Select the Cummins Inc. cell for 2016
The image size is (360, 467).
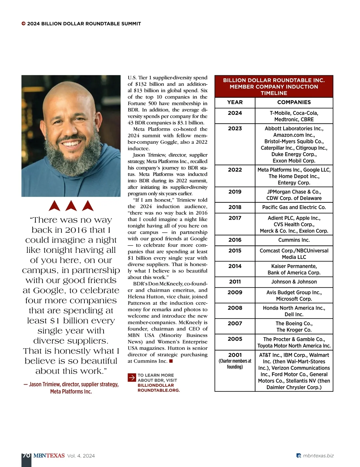coord(294,240)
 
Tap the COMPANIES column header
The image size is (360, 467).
coord(294,102)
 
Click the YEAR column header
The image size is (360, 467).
coord(235,102)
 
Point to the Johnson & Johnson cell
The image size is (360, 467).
coord(294,282)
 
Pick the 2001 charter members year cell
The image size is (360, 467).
coord(235,361)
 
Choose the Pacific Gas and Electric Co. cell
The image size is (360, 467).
coord(294,207)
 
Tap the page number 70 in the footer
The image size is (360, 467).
coord(26,456)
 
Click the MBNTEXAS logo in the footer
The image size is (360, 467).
coord(49,456)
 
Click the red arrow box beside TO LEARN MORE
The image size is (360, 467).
coord(132,378)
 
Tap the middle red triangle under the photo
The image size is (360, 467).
coord(71,206)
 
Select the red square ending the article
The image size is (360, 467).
coord(171,361)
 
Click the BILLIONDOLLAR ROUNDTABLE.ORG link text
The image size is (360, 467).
coord(158,388)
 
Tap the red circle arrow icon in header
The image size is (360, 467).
coord(23,24)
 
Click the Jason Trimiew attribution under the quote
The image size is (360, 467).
coord(71,388)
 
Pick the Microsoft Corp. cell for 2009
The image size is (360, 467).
coord(294,299)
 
